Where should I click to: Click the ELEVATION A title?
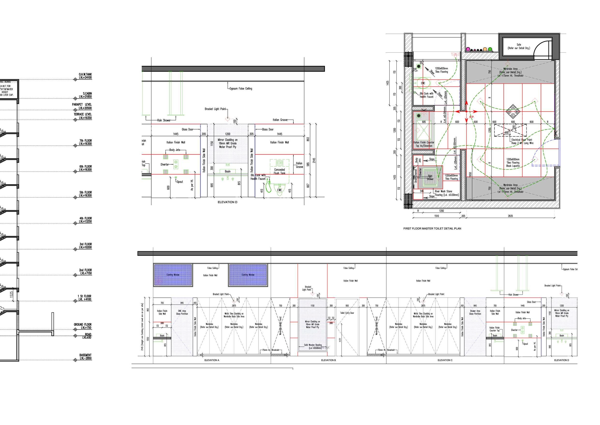212,360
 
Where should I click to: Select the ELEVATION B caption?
328,360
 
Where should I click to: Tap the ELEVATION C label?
445,360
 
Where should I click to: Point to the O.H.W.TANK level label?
85,76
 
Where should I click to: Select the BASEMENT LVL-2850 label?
85,357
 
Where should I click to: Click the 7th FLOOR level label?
85,142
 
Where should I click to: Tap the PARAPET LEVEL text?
82,106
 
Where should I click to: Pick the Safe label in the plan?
519,46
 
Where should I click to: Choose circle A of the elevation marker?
513,108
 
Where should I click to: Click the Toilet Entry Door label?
347,313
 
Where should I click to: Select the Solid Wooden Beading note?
313,346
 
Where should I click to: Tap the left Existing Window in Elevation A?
173,275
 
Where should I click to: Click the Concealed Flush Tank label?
279,171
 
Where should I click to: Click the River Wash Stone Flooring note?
447,193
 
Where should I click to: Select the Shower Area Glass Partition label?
475,312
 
